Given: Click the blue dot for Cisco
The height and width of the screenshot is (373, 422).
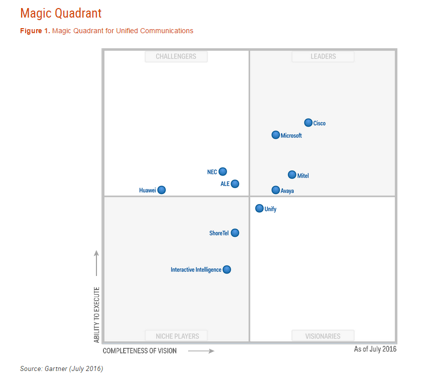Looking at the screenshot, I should (308, 123).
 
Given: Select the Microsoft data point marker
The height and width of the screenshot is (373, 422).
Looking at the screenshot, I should (276, 135).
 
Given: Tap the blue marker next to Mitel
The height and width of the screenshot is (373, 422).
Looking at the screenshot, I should (292, 175).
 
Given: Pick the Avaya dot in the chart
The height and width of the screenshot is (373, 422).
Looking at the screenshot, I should (276, 190).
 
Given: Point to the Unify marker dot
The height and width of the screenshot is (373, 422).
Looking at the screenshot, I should (259, 208).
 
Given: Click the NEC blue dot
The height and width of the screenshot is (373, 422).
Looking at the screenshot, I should (223, 171).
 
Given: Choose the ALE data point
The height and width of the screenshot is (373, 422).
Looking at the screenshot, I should (235, 183).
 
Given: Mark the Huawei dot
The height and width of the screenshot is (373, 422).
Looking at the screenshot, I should (161, 190).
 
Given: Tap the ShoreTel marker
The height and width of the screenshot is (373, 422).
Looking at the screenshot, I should (235, 233).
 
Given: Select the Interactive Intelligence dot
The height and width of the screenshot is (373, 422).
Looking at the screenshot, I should (227, 269).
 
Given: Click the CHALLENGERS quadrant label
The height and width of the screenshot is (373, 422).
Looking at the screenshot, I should (176, 56).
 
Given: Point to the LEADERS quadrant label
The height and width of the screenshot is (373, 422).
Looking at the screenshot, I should (323, 56).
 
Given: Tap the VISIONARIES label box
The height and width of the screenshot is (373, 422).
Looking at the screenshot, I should (323, 336).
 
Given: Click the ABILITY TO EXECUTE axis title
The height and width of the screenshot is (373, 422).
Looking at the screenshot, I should (96, 315).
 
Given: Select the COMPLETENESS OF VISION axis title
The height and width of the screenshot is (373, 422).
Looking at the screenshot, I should (140, 350).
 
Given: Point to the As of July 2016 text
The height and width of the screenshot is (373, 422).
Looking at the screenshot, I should (375, 349).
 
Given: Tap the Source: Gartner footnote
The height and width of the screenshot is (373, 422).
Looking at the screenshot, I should (61, 368).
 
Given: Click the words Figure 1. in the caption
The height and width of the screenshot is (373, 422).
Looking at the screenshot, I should (35, 31).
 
